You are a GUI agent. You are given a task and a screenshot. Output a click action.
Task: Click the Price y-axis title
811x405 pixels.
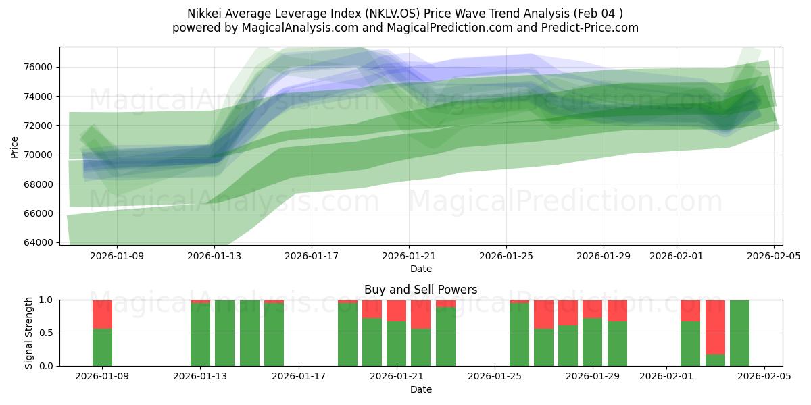coord(15,146)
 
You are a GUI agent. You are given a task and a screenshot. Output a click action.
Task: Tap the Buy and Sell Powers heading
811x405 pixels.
coord(420,290)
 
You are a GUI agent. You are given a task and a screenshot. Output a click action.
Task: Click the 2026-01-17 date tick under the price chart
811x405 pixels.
coord(312,256)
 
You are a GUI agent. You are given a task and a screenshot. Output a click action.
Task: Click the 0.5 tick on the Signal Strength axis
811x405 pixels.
coord(46,333)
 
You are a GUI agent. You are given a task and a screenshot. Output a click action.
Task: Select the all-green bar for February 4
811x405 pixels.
coord(739,333)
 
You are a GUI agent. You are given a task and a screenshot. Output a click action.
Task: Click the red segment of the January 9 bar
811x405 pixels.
coord(102,314)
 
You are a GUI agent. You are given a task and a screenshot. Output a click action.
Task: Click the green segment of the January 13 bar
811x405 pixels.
coord(200,335)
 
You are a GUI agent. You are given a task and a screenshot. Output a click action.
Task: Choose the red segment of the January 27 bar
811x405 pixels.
coord(543,314)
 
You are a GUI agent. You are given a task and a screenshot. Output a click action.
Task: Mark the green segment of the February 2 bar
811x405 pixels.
coord(690,344)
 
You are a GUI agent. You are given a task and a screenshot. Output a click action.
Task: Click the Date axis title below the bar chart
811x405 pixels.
coord(420,389)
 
